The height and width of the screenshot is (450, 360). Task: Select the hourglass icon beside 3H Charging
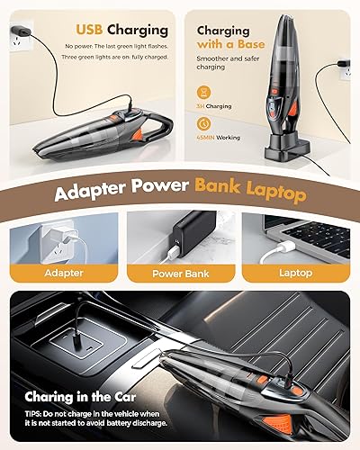pyautogui.click(x=205, y=92)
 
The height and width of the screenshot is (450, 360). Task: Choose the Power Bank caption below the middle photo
pyautogui.click(x=180, y=273)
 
